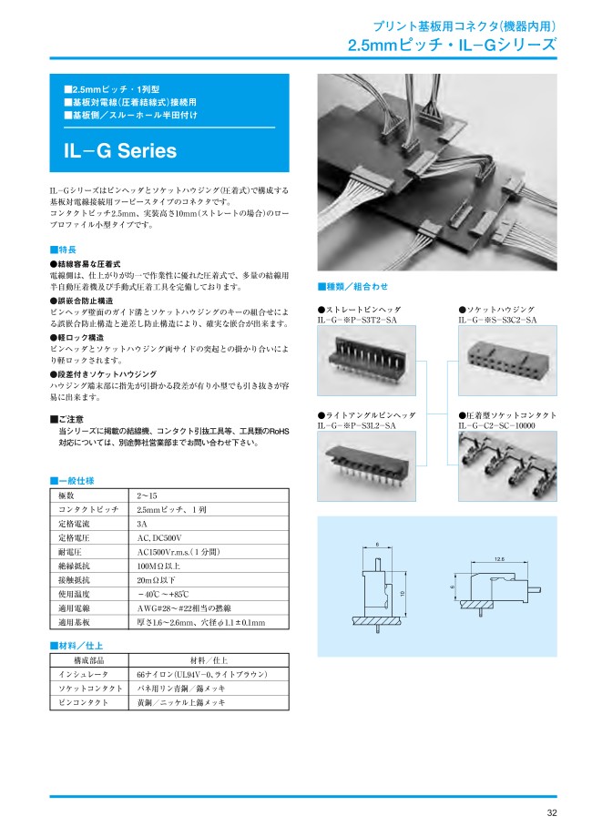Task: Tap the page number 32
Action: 552,813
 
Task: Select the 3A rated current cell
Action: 142,525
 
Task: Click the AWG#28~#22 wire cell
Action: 188,607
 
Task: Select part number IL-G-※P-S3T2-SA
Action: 358,321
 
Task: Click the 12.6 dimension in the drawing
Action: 499,559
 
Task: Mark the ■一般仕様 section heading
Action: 72,479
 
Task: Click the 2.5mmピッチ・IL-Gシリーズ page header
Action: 452,45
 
